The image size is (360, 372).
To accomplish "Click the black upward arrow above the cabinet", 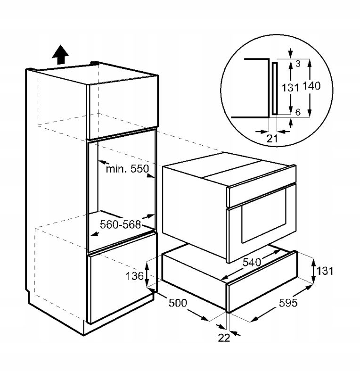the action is [x=60, y=55].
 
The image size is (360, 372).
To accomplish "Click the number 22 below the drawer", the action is [x=224, y=338].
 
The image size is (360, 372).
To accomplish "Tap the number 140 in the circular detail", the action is [x=311, y=86].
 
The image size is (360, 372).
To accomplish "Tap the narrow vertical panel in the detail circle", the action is [x=274, y=88].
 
